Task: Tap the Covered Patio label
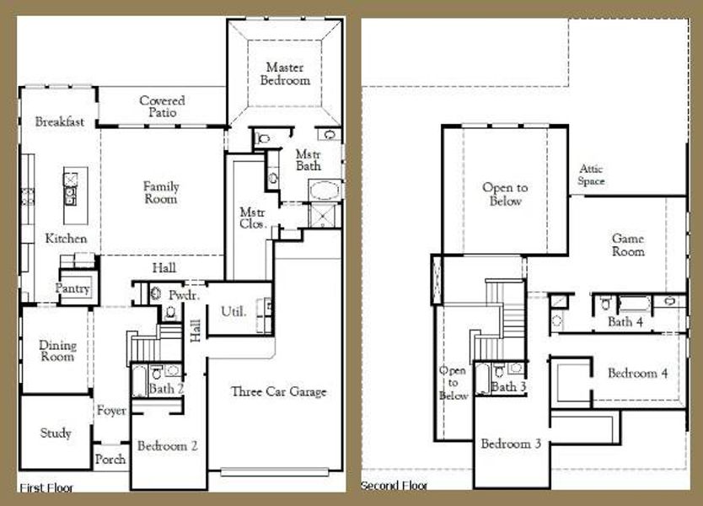[163, 106]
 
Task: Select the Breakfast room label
[60, 122]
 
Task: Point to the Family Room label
[160, 193]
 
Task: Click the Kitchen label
[66, 239]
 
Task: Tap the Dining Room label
[57, 351]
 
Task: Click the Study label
[56, 433]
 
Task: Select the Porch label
[110, 460]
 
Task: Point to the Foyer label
[111, 411]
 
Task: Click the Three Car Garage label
[278, 392]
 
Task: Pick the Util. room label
[233, 312]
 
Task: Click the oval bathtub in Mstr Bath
[325, 189]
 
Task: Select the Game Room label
[628, 245]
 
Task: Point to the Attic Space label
[591, 175]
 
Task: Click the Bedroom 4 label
[638, 374]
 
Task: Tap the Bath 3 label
[508, 387]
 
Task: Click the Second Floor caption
[394, 487]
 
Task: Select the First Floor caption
[46, 487]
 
